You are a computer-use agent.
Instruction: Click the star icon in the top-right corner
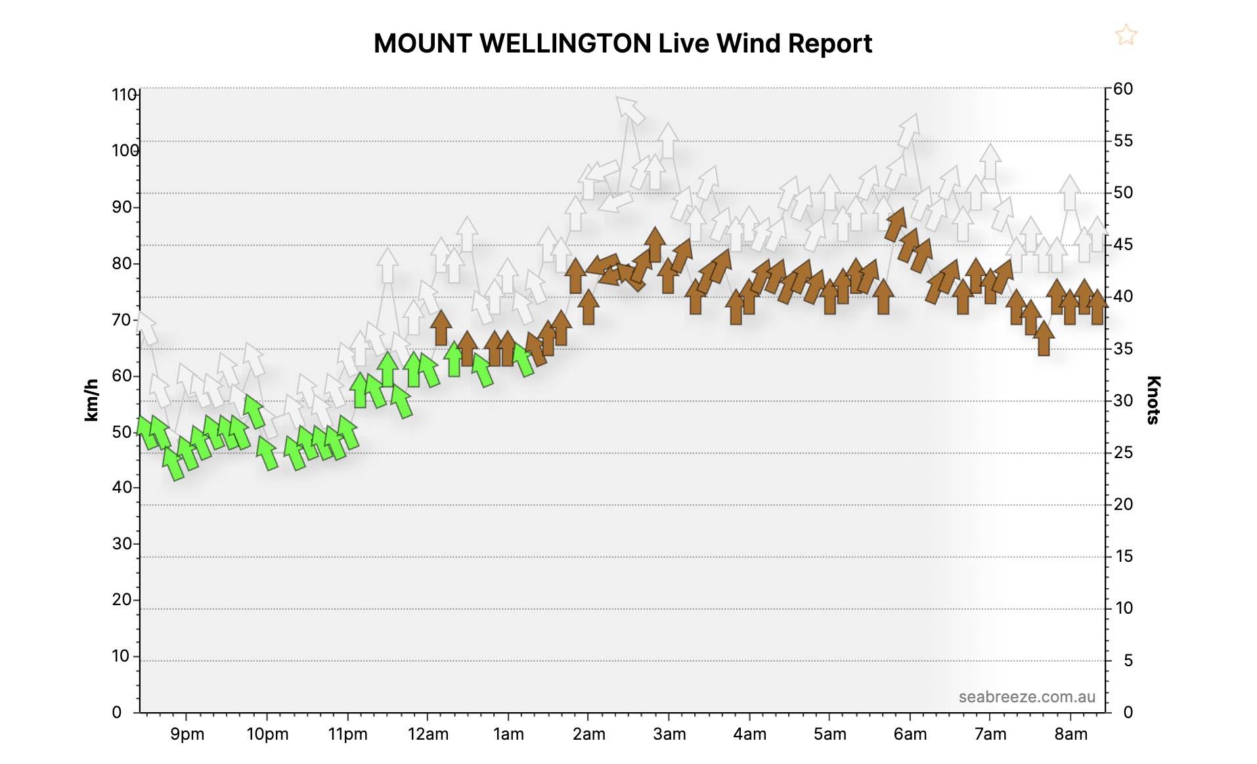[1126, 35]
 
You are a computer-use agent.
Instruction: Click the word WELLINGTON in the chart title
[565, 44]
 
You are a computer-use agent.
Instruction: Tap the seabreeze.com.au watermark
[1026, 696]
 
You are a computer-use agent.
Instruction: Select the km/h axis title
[91, 400]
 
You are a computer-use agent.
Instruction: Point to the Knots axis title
[1153, 400]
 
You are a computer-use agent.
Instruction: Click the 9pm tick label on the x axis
[187, 734]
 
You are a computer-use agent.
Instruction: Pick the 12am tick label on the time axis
[428, 734]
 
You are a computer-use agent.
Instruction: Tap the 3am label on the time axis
[669, 734]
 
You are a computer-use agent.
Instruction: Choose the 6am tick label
[910, 734]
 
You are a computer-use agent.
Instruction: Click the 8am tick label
[1071, 734]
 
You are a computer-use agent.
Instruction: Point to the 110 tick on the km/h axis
[124, 95]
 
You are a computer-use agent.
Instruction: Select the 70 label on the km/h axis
[121, 320]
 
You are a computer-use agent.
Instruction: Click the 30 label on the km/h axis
[121, 544]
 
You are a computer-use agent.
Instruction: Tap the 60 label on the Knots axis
[1123, 89]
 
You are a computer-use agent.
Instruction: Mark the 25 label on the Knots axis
[1124, 452]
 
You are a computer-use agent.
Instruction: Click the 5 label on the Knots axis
[1128, 660]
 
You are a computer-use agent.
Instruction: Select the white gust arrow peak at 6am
[909, 130]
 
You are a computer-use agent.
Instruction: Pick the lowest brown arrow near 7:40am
[1044, 339]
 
